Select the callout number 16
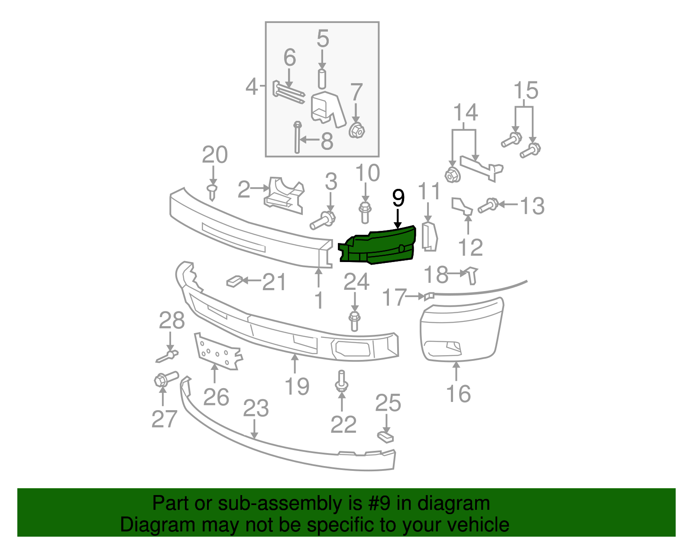(x=458, y=394)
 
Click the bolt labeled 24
(x=354, y=321)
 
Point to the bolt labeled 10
(x=365, y=213)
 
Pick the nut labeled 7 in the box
(x=356, y=130)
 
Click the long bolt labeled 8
(x=297, y=137)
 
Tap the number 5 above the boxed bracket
(x=323, y=39)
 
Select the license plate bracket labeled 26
(x=218, y=351)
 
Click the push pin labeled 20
(x=212, y=192)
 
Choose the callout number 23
(x=256, y=408)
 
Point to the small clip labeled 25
(x=385, y=437)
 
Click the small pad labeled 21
(x=234, y=281)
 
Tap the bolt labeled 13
(x=488, y=206)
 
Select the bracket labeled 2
(x=284, y=195)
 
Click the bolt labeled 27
(x=166, y=379)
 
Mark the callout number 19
(x=297, y=386)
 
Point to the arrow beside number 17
(x=416, y=296)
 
